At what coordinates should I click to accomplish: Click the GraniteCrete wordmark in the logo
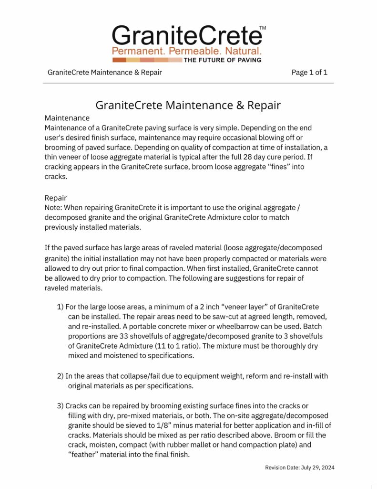[187, 36]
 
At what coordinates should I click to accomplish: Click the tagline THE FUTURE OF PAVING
[222, 60]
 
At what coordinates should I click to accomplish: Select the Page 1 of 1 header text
[309, 73]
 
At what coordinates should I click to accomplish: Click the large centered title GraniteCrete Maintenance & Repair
[188, 105]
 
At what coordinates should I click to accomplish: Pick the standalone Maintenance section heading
[67, 117]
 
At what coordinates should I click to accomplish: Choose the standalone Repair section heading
[56, 198]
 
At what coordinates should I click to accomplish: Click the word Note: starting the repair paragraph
[54, 208]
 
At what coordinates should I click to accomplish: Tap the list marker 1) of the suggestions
[61, 307]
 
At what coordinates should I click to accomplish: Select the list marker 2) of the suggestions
[61, 376]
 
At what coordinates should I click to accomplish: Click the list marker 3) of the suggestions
[61, 405]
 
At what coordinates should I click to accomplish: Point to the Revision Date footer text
[300, 468]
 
